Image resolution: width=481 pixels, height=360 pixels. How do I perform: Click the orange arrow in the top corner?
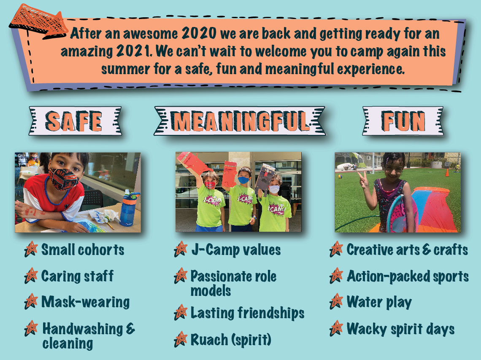(38, 21)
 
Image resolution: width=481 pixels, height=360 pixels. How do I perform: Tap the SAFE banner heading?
(75, 121)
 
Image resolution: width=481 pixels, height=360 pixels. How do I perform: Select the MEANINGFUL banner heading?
(240, 121)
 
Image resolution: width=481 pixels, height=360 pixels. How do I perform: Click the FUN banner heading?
(403, 121)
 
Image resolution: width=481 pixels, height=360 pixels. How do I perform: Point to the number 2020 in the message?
(199, 33)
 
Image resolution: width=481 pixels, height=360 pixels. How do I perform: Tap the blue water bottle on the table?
(129, 208)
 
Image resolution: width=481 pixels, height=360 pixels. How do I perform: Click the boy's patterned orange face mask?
(63, 179)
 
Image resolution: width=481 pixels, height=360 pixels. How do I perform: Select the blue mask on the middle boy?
(243, 180)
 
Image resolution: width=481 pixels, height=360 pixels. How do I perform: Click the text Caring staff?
(77, 276)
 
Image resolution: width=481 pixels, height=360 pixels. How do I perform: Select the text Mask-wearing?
(86, 302)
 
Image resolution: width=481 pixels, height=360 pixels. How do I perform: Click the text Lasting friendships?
(247, 313)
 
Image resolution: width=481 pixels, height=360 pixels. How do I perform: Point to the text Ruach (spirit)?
(231, 339)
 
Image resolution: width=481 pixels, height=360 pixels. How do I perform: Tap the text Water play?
(379, 302)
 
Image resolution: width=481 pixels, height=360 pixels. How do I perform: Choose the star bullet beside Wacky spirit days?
(337, 328)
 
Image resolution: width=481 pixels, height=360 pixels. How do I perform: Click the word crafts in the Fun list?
(451, 250)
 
